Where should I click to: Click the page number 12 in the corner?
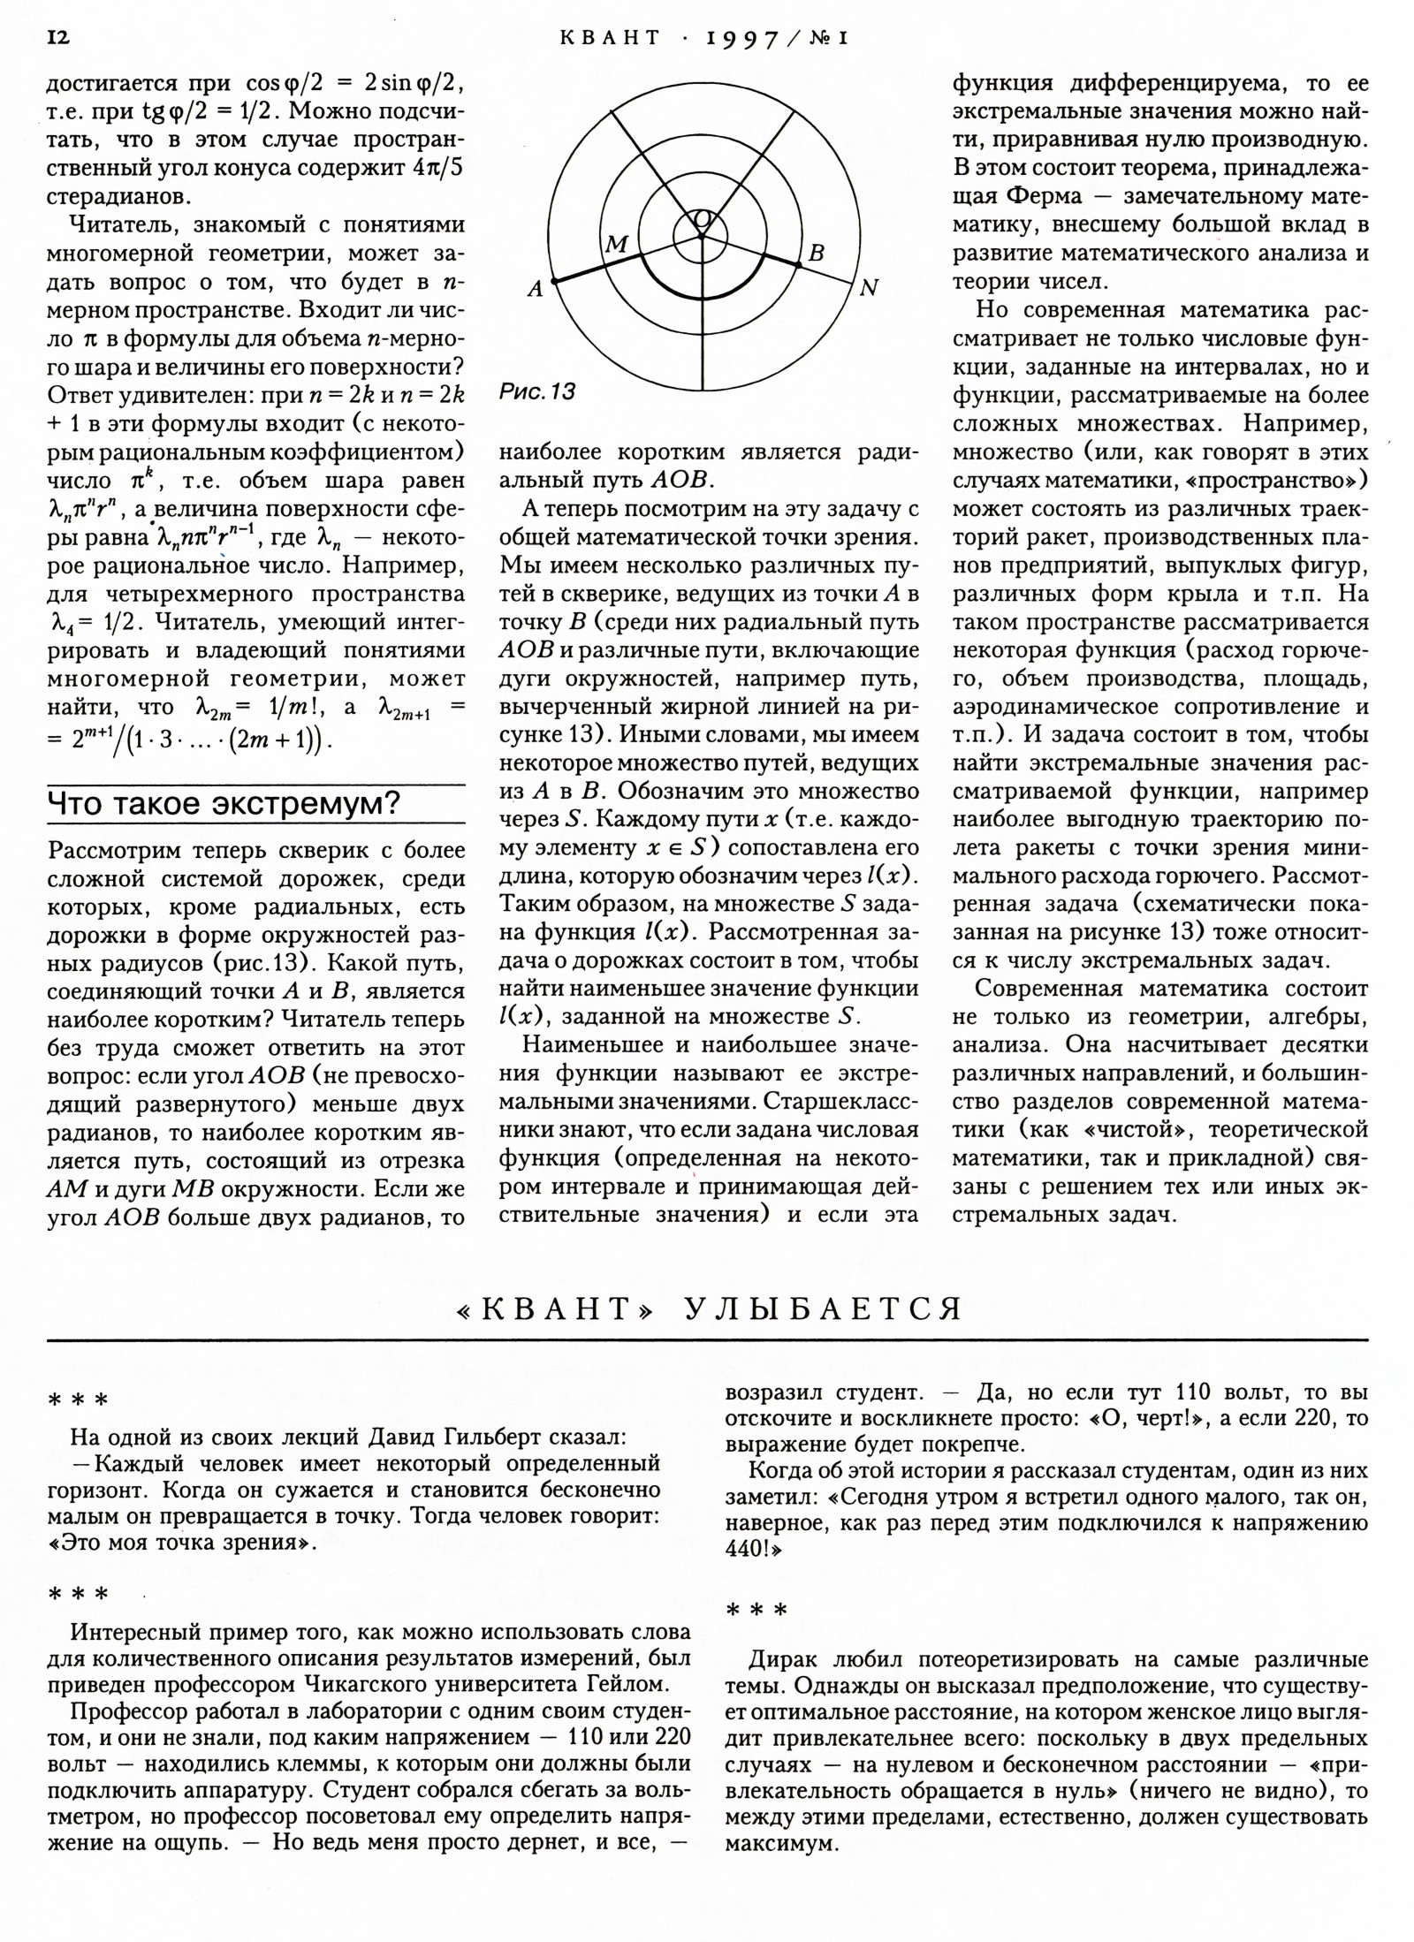(x=57, y=38)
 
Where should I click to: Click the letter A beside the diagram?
(x=535, y=288)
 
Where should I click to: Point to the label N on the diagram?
(x=870, y=288)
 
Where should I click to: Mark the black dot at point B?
(x=798, y=264)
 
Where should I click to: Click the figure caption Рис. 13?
(x=537, y=391)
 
